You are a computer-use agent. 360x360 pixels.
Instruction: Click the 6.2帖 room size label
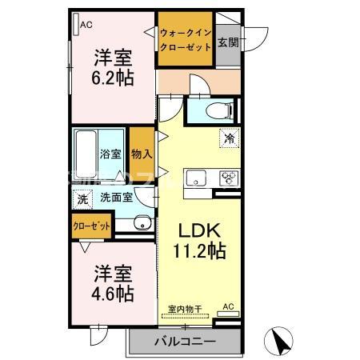pyautogui.click(x=112, y=78)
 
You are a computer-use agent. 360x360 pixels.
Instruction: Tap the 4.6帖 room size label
pyautogui.click(x=112, y=293)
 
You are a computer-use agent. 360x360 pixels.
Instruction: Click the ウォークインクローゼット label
pyautogui.click(x=185, y=39)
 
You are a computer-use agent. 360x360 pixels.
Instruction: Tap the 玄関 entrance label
pyautogui.click(x=227, y=40)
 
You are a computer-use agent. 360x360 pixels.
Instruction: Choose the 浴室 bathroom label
pyautogui.click(x=110, y=152)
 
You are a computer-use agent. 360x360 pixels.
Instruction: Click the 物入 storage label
pyautogui.click(x=142, y=152)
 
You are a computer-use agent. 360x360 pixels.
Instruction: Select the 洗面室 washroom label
pyautogui.click(x=116, y=197)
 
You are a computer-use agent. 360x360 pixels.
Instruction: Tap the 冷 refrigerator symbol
pyautogui.click(x=230, y=139)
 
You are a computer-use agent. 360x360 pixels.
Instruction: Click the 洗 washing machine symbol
pyautogui.click(x=82, y=198)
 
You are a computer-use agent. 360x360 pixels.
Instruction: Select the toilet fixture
pyautogui.click(x=214, y=110)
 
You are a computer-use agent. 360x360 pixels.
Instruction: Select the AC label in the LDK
pyautogui.click(x=227, y=307)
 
